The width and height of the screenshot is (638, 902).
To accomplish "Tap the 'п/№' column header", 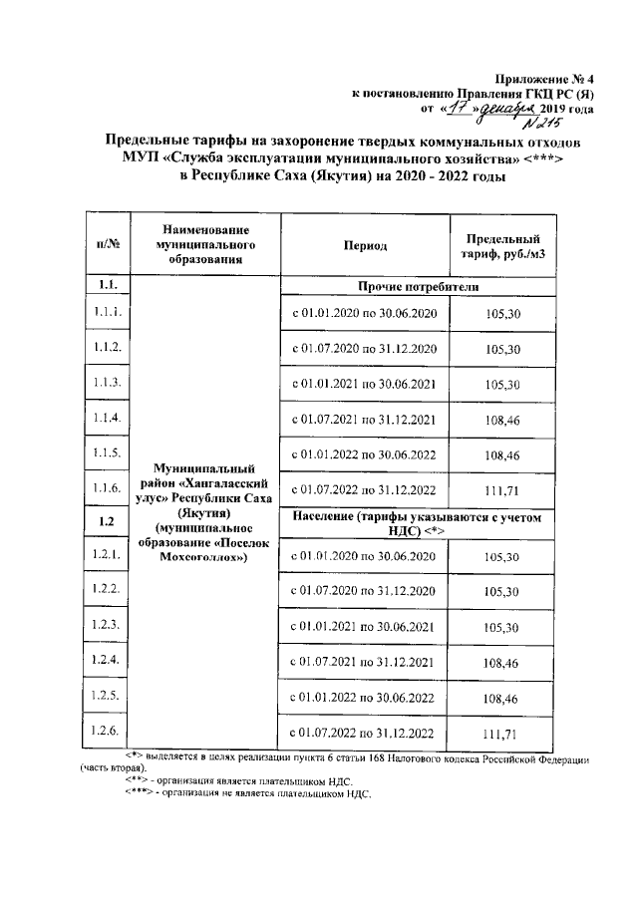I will (108, 245).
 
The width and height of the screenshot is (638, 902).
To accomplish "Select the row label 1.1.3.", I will (108, 383).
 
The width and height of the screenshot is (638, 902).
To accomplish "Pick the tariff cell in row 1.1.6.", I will (500, 489).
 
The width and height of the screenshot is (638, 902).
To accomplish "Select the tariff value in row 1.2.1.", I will (500, 557).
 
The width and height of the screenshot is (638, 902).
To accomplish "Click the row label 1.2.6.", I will (108, 731).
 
